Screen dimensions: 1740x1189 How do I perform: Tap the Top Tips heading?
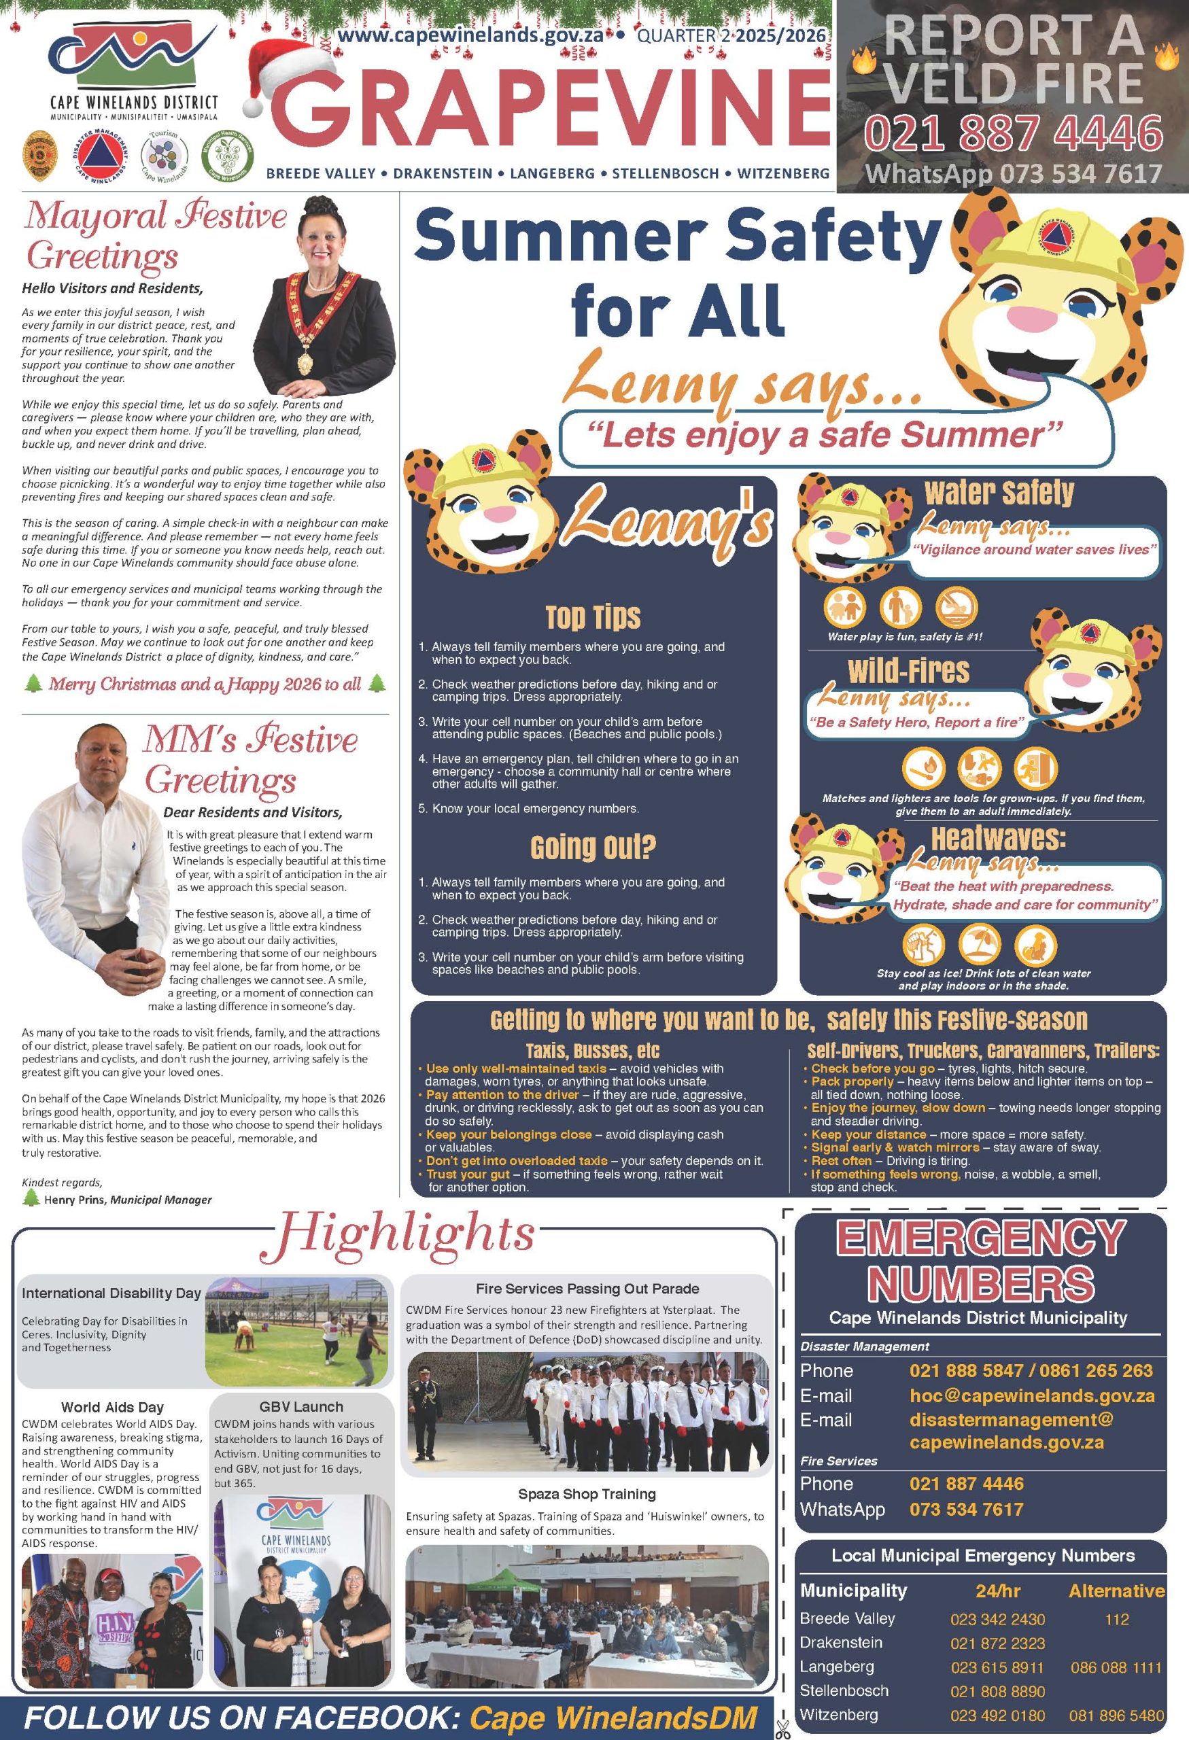tap(593, 617)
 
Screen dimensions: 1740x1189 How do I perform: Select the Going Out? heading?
tap(593, 848)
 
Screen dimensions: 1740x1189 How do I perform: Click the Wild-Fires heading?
tap(908, 671)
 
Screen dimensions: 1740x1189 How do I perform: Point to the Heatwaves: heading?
tap(998, 838)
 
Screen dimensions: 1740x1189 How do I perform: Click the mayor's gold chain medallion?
tap(305, 362)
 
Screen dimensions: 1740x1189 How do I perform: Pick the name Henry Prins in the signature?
tap(75, 1200)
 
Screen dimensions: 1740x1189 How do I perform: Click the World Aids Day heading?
tap(112, 1408)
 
